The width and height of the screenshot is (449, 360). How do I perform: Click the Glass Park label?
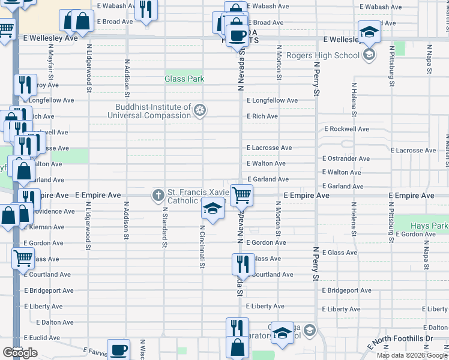[185, 79]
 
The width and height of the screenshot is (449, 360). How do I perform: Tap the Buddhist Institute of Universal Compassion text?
[154, 111]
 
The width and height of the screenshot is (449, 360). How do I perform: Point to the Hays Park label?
[429, 226]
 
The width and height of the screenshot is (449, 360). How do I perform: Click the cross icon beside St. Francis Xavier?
[158, 194]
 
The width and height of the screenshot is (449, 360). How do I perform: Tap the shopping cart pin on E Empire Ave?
[241, 194]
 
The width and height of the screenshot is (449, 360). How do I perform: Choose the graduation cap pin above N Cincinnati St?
[212, 208]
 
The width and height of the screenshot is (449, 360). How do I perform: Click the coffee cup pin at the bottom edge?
[118, 349]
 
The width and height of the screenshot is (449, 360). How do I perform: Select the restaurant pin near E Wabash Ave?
[145, 10]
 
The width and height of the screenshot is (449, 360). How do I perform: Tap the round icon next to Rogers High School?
[369, 56]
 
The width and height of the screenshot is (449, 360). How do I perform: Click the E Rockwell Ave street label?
[347, 129]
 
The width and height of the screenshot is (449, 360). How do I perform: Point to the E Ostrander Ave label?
[346, 159]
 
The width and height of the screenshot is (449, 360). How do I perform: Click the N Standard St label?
[164, 227]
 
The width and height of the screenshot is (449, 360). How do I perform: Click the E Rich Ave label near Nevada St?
[262, 116]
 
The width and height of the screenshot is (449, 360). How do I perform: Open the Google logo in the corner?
[20, 353]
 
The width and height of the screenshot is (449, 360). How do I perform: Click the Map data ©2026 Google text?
[411, 355]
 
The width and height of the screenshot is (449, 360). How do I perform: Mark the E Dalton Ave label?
[49, 322]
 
